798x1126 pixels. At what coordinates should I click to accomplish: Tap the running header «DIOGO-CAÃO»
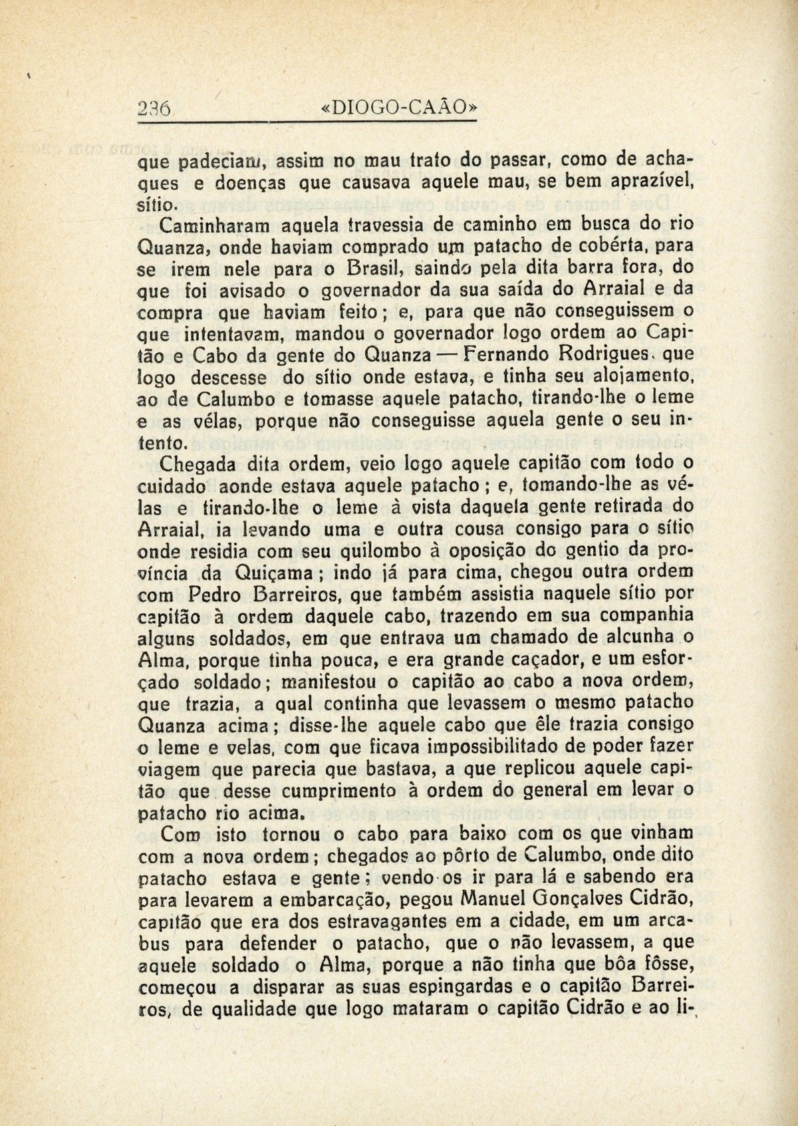(x=398, y=108)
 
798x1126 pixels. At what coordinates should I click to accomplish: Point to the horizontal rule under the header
(x=325, y=123)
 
